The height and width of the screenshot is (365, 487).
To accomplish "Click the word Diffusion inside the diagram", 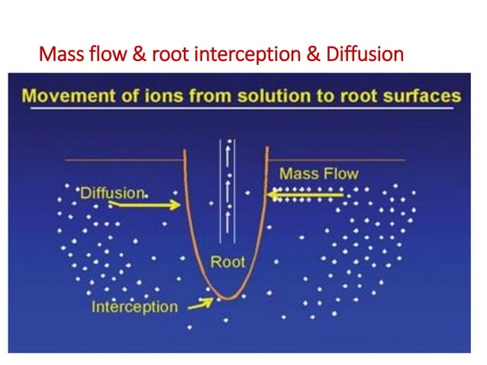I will (x=112, y=193).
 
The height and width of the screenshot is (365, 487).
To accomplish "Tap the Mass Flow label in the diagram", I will (x=318, y=174).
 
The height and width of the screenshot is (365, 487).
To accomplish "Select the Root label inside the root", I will (x=227, y=262).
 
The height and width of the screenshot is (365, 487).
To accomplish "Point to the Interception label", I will (x=134, y=307).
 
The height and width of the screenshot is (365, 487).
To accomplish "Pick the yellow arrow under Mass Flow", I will (x=306, y=196).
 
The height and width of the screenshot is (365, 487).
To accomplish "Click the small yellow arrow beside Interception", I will (x=200, y=304).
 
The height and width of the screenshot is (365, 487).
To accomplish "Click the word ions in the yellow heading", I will (x=160, y=96).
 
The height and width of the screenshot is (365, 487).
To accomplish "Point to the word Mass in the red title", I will (x=58, y=55).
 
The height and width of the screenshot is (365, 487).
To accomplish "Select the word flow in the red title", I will (x=98, y=55).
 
